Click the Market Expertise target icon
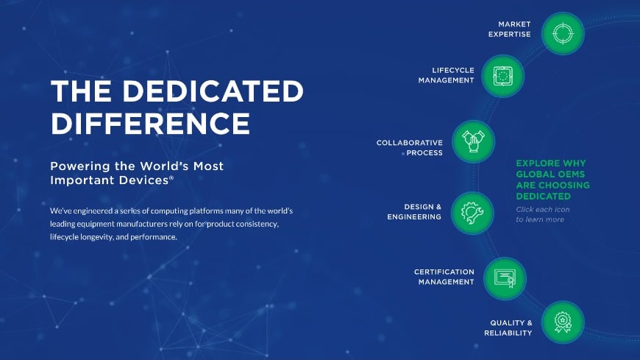tap(563, 34)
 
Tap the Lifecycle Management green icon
tap(502, 76)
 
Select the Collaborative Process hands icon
tap(471, 141)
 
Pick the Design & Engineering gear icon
tap(471, 212)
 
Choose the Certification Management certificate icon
tap(504, 278)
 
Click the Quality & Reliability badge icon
tap(563, 322)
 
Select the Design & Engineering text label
tap(416, 211)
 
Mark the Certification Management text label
tap(444, 277)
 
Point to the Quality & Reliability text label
tap(508, 328)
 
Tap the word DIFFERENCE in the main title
tap(150, 121)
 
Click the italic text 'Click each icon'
tap(542, 210)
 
